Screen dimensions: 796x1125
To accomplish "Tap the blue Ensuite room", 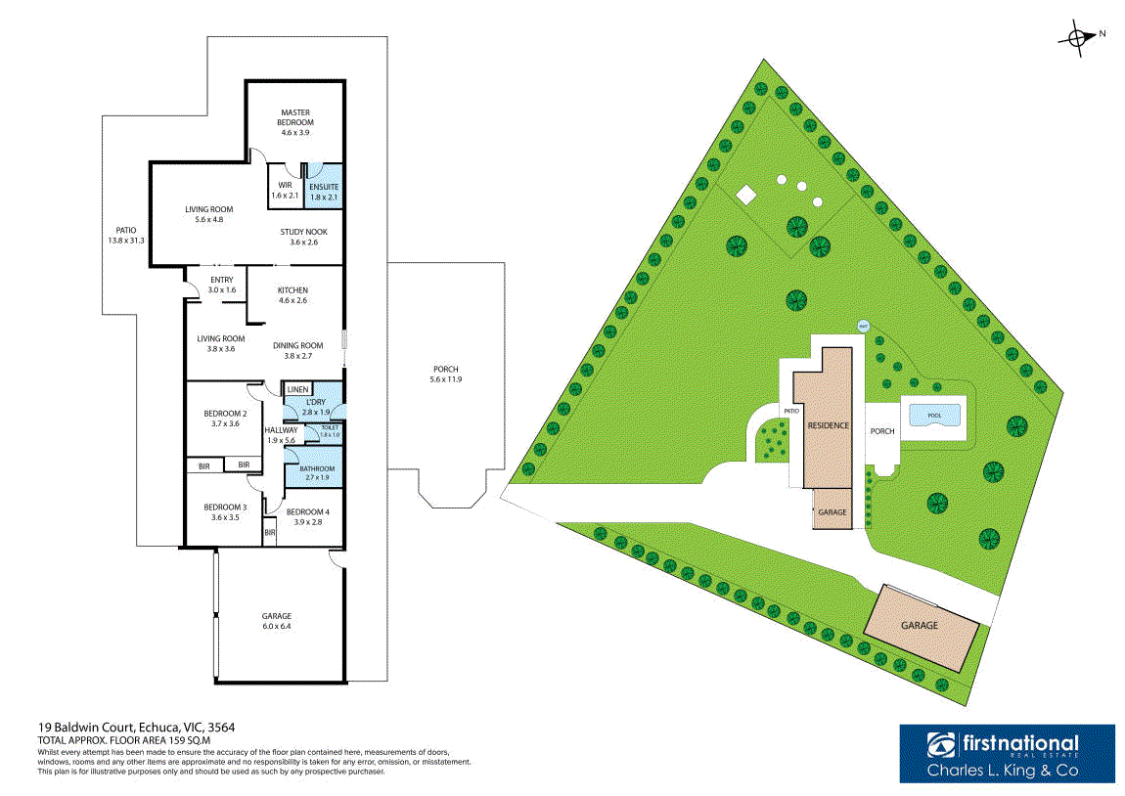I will click(x=324, y=186).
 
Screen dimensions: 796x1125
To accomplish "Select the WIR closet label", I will click(x=285, y=190).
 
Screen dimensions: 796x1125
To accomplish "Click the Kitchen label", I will click(x=292, y=295).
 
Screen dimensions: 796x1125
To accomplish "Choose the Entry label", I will click(x=222, y=285).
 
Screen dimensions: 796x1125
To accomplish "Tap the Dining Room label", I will click(x=297, y=350).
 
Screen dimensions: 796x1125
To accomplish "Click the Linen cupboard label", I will click(x=297, y=389).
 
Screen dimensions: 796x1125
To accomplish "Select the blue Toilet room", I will click(x=329, y=430).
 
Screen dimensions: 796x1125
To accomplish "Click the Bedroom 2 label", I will click(x=225, y=419).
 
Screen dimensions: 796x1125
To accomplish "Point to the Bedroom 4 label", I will click(x=307, y=516).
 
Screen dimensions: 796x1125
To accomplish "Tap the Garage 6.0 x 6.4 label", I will click(x=277, y=621).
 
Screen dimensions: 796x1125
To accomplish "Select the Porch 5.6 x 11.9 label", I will click(x=445, y=374).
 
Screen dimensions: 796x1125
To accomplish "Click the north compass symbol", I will click(x=1078, y=37).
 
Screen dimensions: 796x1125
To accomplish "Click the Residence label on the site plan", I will click(x=828, y=425).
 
